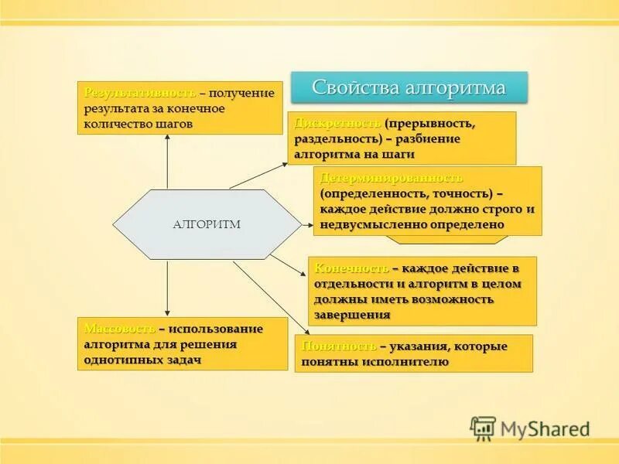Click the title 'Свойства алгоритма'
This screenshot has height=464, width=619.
tap(409, 87)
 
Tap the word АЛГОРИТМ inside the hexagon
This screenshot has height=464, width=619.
tap(207, 224)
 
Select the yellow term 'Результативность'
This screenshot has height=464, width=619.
tap(140, 93)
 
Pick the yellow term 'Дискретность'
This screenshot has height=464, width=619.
tap(337, 124)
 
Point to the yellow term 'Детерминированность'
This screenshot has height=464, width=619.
tap(392, 178)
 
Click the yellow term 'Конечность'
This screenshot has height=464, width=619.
tap(351, 268)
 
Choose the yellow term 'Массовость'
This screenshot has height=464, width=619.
tap(119, 329)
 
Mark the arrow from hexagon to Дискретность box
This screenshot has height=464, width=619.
tap(259, 176)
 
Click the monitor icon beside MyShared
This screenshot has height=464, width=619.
tap(483, 428)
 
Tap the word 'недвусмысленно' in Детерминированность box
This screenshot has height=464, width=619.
tap(368, 224)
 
